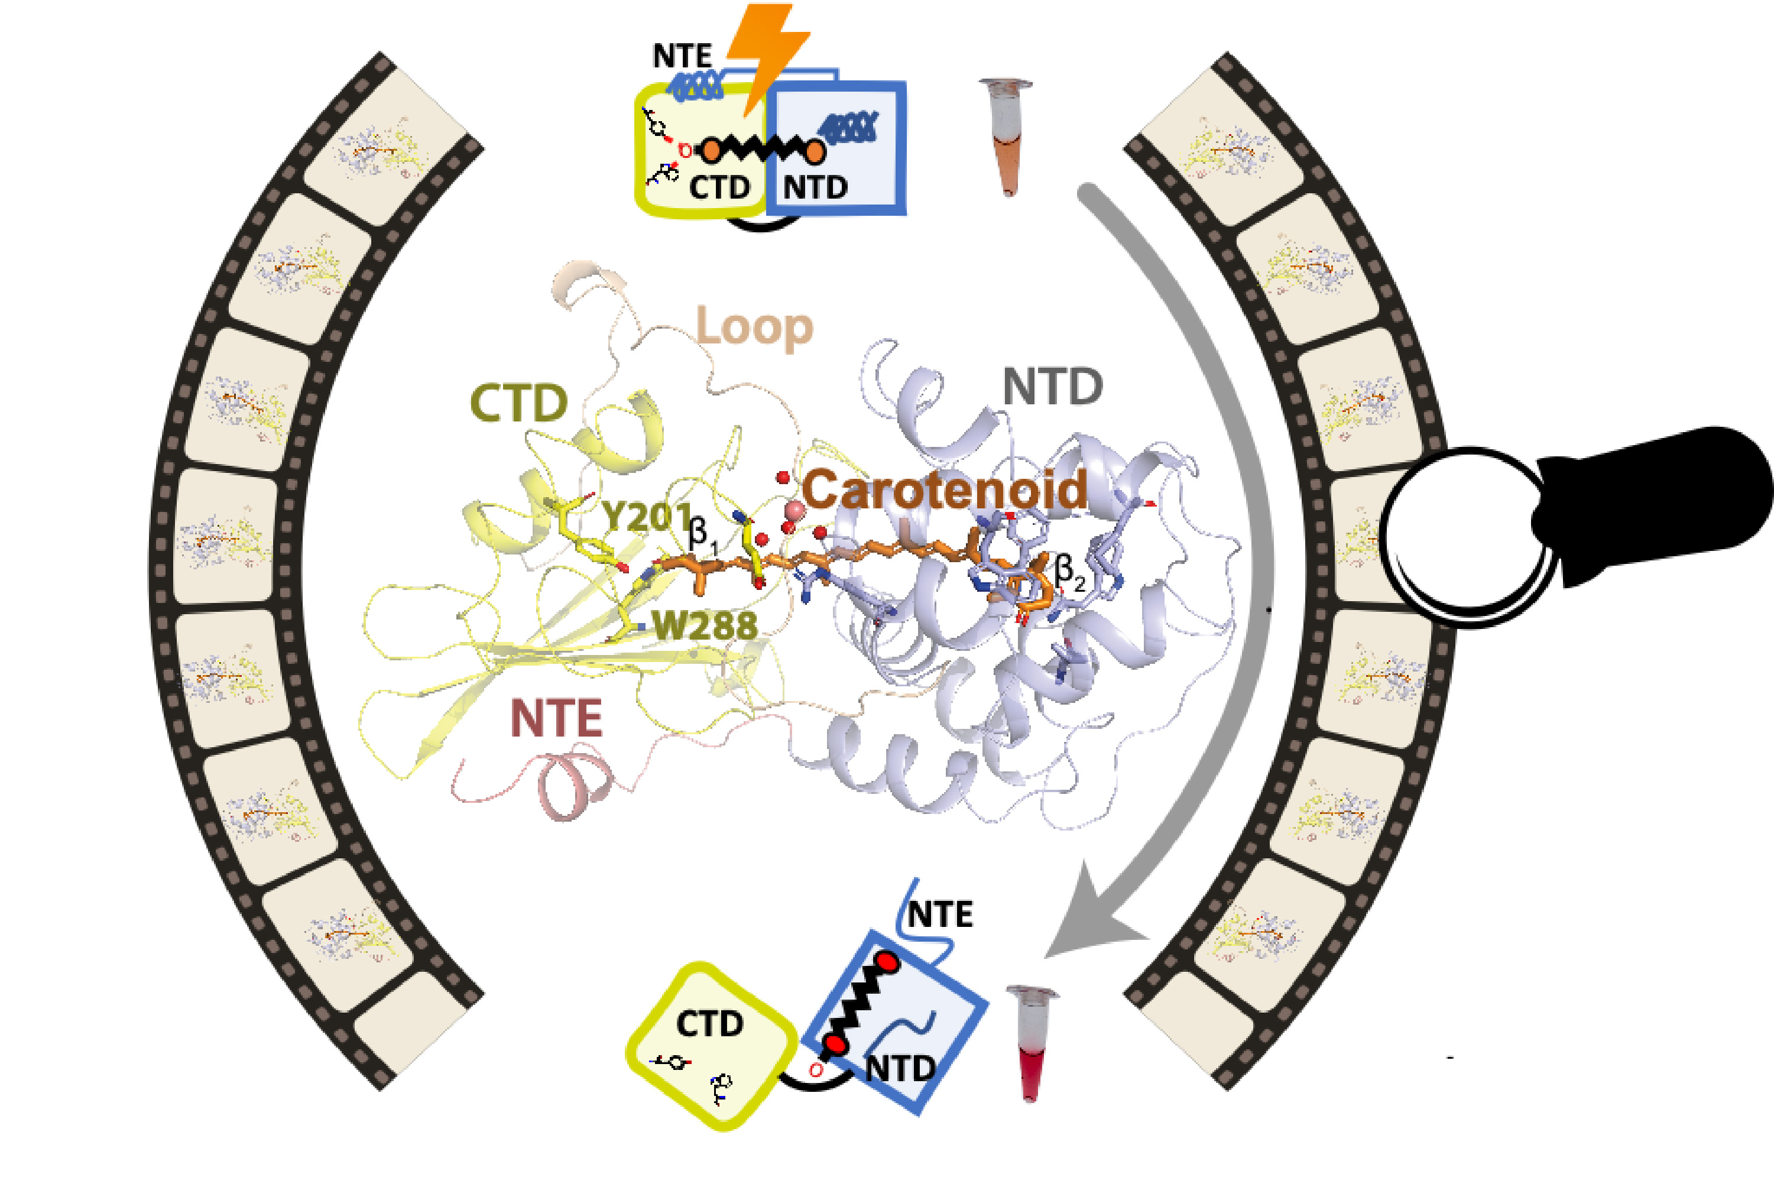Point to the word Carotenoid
pos(944,490)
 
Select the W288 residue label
pos(704,625)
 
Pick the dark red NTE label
pos(556,718)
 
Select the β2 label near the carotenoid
pos(1069,572)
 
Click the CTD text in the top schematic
pos(719,187)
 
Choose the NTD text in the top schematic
pos(815,187)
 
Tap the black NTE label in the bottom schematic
pos(939,914)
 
